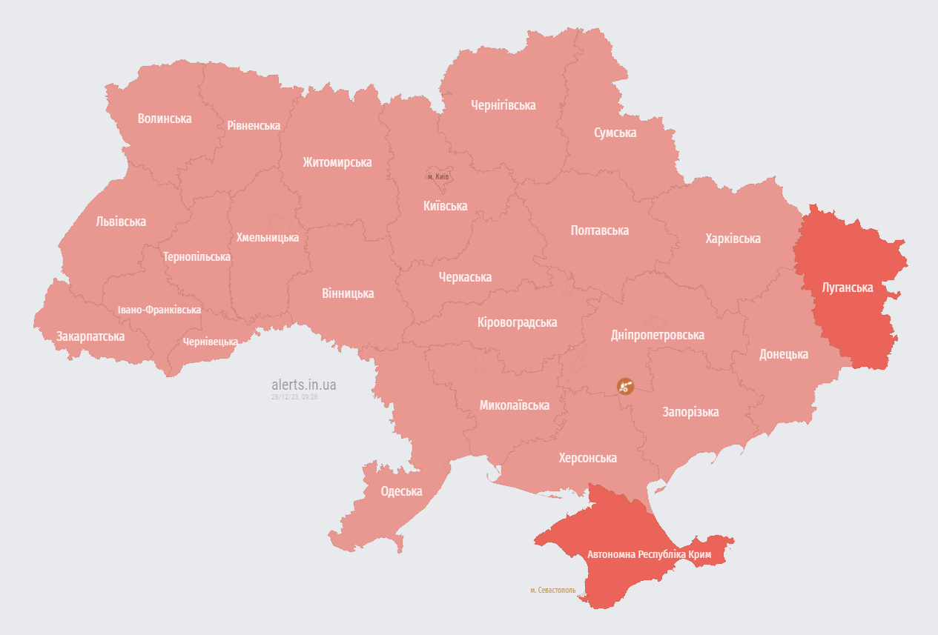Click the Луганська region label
848,287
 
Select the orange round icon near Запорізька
625,386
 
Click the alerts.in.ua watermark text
304,385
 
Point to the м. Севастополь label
552,590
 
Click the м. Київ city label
438,176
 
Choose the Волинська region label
165,119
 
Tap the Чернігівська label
503,105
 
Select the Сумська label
615,133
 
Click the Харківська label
733,239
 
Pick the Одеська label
401,491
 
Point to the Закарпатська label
90,336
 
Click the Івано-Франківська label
159,310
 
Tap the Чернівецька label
211,342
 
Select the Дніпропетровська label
657,335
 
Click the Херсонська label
587,458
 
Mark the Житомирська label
337,162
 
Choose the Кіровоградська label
517,322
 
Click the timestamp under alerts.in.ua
294,397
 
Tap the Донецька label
783,354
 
